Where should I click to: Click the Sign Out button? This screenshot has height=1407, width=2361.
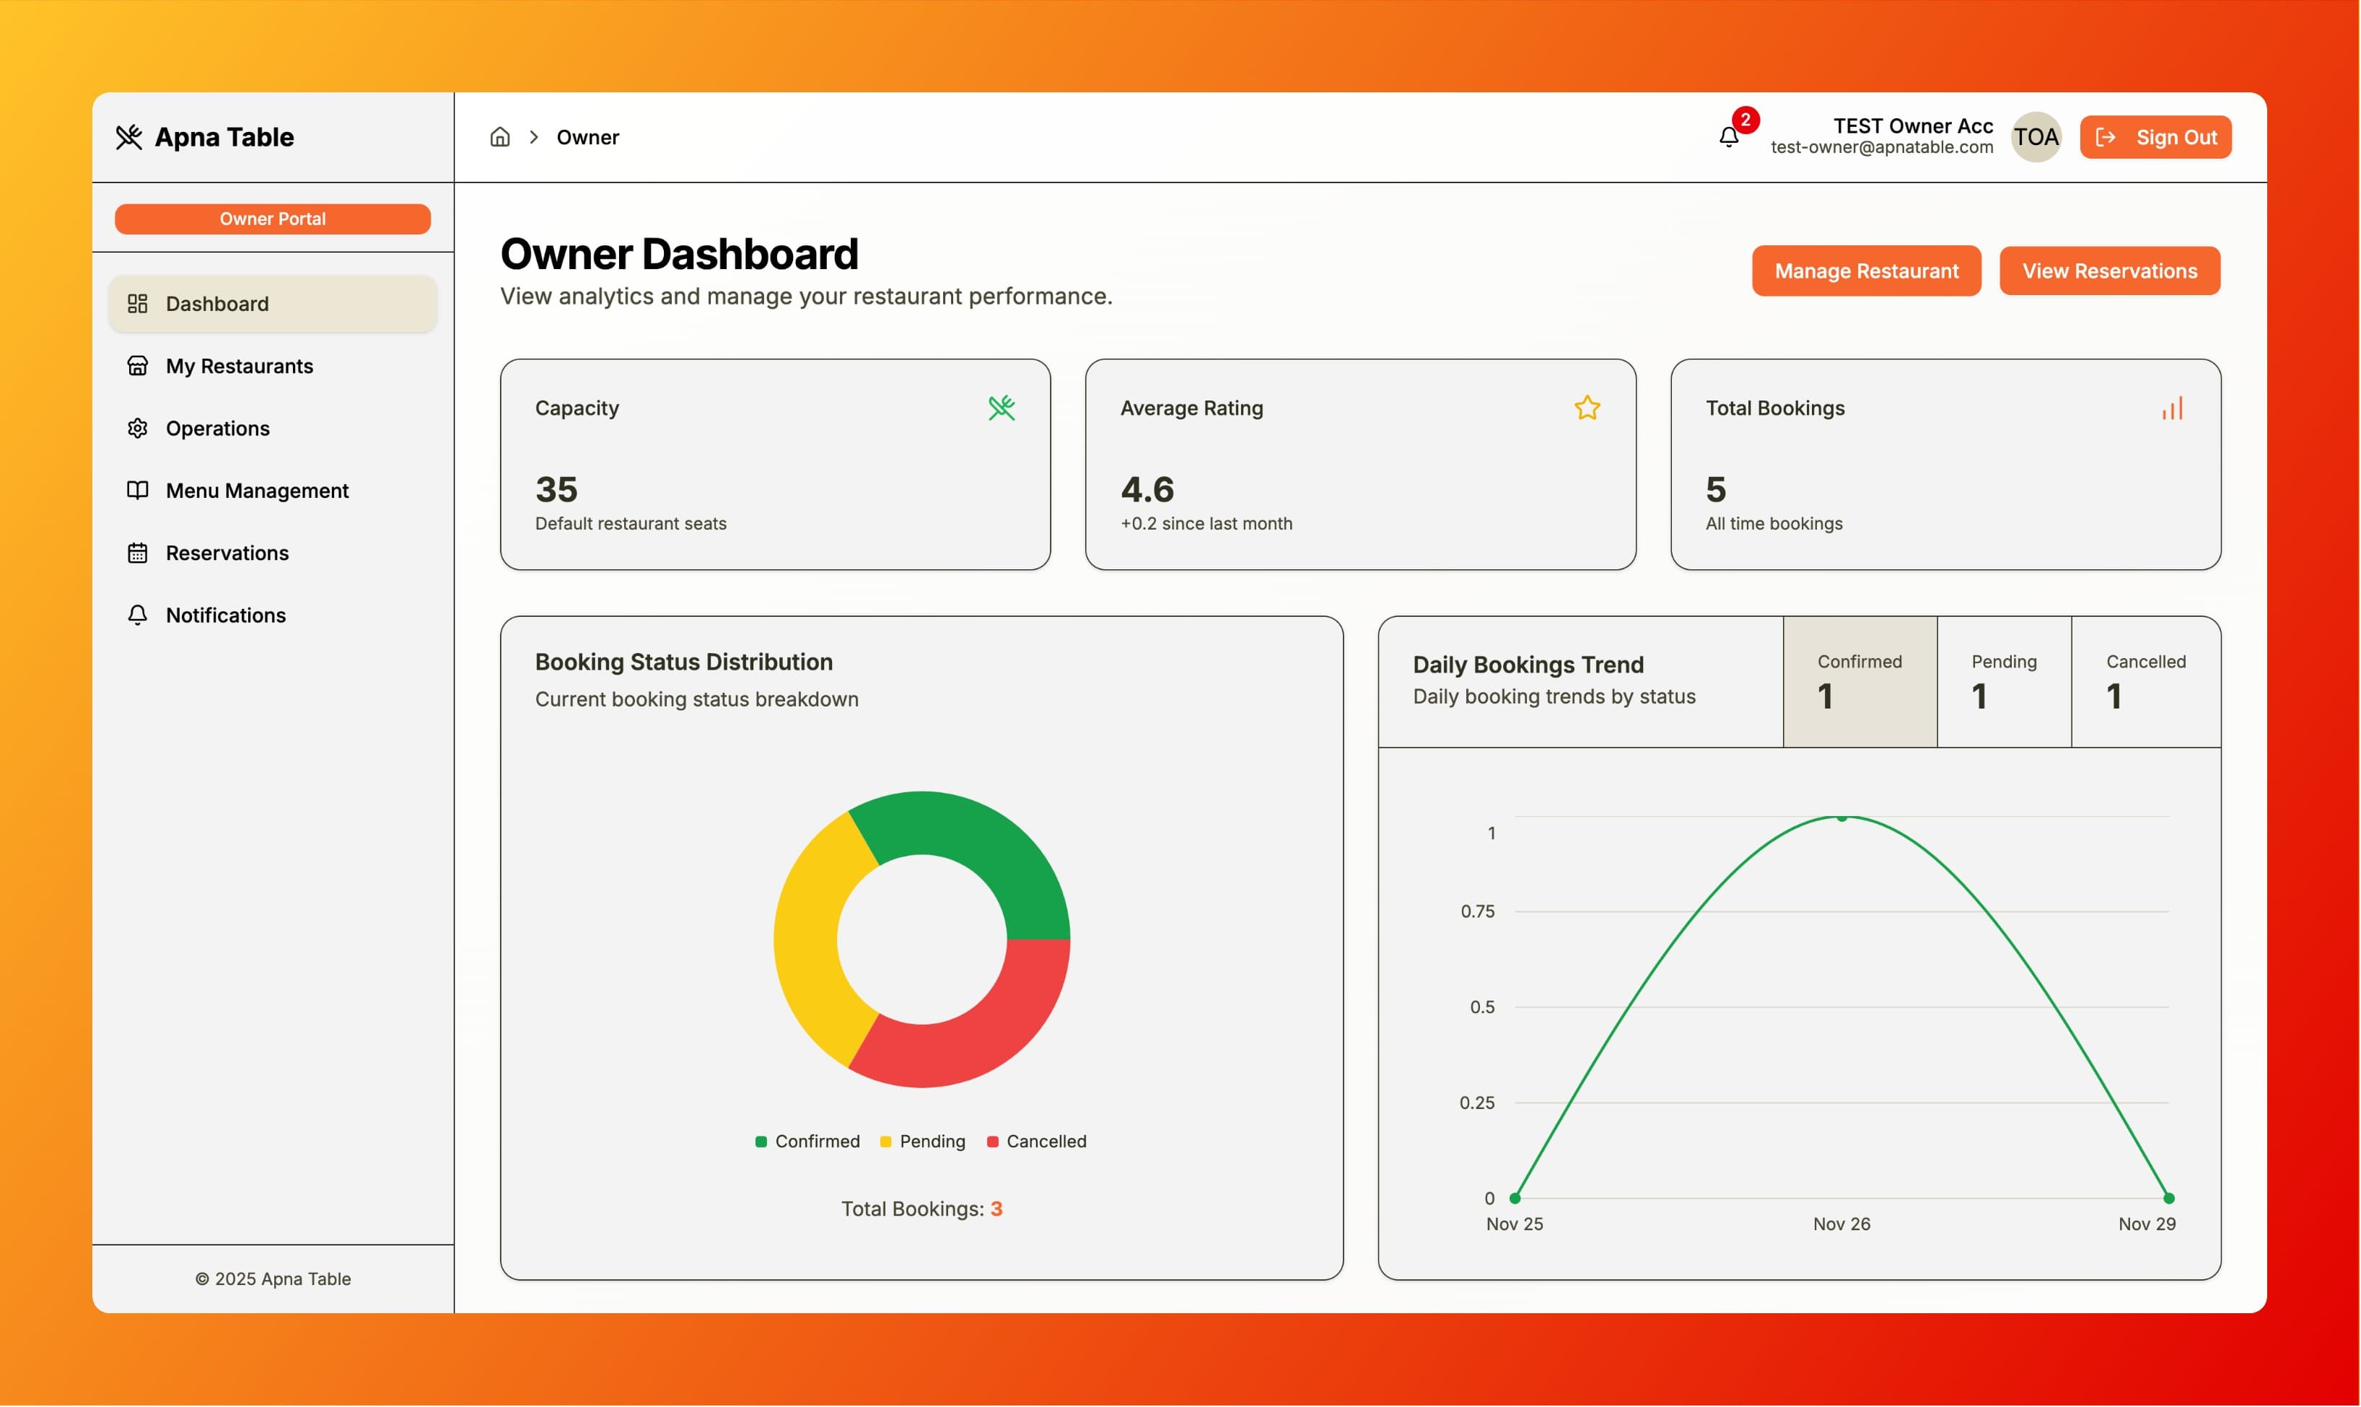click(x=2155, y=138)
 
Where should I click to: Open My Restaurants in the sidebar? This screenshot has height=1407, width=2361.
click(x=239, y=366)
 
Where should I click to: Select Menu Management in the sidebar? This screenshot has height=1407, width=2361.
click(x=257, y=490)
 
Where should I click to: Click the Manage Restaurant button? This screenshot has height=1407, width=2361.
click(x=1865, y=271)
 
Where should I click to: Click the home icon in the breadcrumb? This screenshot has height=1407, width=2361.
click(x=500, y=138)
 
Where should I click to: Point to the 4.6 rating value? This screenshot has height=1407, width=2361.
click(x=1147, y=489)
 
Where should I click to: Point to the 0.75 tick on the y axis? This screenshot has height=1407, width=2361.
click(x=1476, y=911)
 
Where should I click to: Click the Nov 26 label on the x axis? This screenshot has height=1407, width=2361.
click(x=1841, y=1224)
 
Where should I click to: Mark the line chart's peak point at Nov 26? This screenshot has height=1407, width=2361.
click(x=1841, y=818)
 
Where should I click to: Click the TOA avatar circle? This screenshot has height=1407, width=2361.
click(x=2035, y=138)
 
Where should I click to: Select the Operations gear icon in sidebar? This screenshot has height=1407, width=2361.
click(x=138, y=429)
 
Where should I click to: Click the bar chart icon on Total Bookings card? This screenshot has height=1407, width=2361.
click(x=2171, y=408)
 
